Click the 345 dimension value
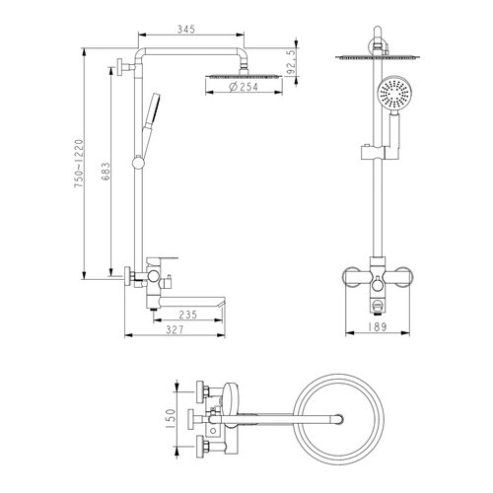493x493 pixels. click(x=186, y=30)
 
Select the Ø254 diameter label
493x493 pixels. click(x=244, y=87)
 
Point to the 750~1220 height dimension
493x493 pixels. click(x=79, y=164)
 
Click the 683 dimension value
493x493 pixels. click(x=106, y=171)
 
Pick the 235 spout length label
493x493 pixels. click(x=188, y=315)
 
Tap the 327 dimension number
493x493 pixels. click(x=175, y=329)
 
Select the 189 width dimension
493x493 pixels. click(x=378, y=327)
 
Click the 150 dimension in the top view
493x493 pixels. click(x=172, y=419)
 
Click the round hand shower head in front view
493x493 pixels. click(x=393, y=93)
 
